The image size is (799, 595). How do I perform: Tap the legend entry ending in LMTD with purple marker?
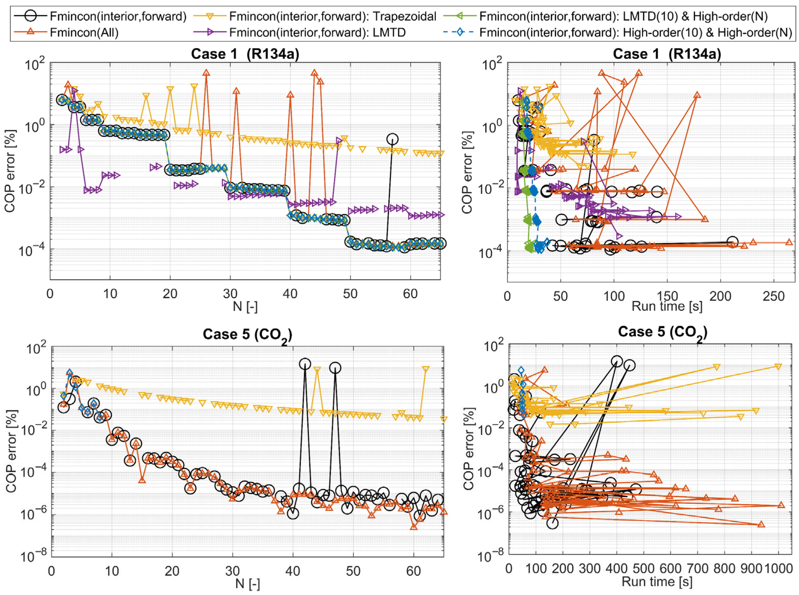click(x=317, y=33)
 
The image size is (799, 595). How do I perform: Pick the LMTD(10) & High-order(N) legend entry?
click(x=623, y=17)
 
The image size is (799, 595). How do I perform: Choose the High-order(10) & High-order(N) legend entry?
click(x=635, y=33)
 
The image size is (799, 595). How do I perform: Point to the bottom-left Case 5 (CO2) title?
click(x=247, y=335)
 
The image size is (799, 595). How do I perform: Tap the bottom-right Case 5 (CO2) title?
click(x=662, y=332)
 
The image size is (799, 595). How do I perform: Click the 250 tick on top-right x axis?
click(x=773, y=296)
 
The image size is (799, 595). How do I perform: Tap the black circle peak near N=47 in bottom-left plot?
click(x=335, y=368)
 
